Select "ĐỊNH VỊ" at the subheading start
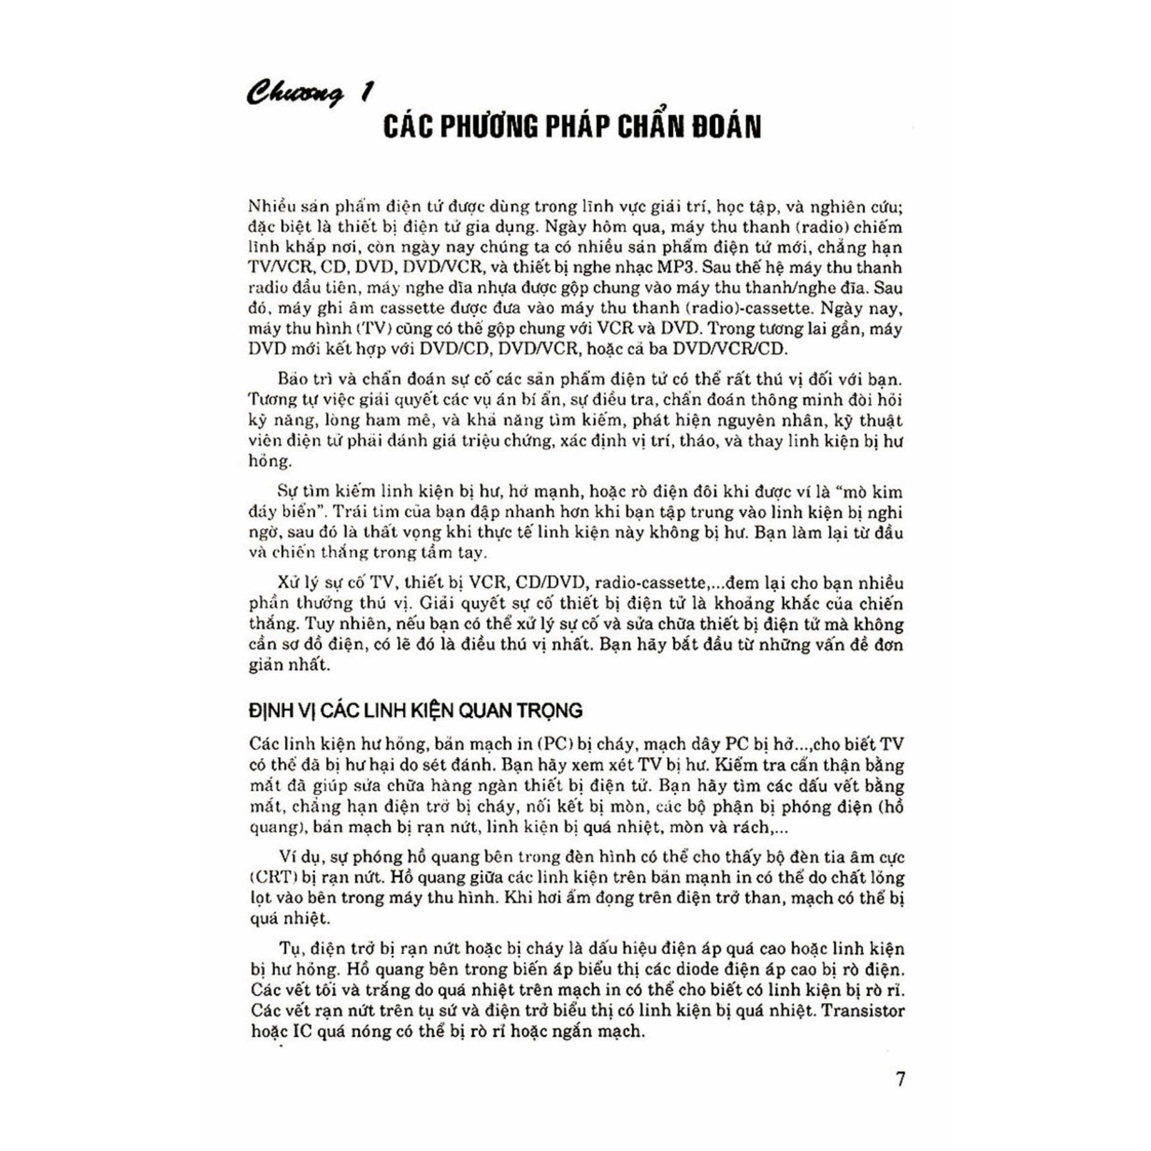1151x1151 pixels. tap(281, 710)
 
